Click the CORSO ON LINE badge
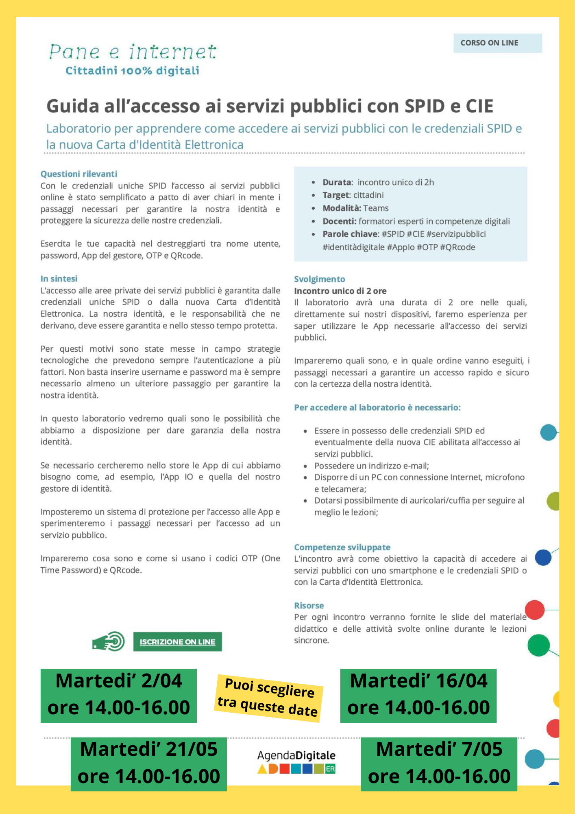(497, 43)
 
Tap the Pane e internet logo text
(133, 52)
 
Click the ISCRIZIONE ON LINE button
(177, 642)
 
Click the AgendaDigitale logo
(296, 761)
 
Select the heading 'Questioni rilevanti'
(79, 174)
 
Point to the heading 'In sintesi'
(59, 279)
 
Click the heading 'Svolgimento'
(320, 279)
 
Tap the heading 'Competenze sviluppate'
(342, 547)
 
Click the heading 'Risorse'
(309, 606)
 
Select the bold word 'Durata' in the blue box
(337, 182)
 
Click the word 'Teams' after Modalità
(376, 208)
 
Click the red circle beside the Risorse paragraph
(535, 610)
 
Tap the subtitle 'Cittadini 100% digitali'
(133, 71)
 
